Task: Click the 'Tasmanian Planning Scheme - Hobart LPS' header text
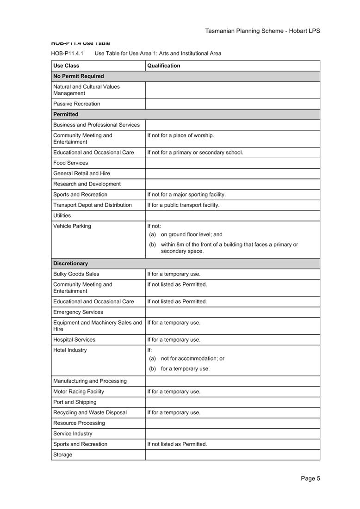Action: coord(262,31)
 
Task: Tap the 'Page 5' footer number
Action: coord(310,478)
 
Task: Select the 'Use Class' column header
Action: coord(66,66)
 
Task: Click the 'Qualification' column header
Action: coord(164,66)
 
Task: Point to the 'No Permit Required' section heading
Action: coord(79,76)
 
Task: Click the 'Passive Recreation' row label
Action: coord(76,104)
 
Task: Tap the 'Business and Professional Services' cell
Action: coord(96,125)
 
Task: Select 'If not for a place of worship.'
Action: coord(180,135)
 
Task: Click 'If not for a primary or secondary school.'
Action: coord(195,153)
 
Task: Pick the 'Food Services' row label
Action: coord(70,163)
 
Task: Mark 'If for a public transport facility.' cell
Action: coord(183,205)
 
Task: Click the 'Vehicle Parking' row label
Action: coord(72,226)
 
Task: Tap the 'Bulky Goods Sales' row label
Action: coord(76,274)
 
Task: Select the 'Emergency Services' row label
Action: coord(78,312)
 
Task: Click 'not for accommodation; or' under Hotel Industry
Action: coord(192,359)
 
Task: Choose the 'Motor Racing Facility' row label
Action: coord(79,392)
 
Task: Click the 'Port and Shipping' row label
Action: coord(75,402)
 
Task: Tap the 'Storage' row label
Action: coord(63,455)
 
